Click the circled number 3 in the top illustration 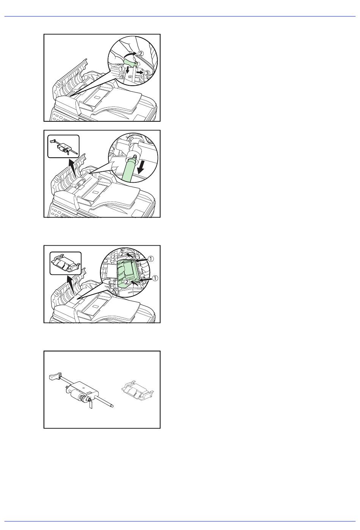pyautogui.click(x=147, y=73)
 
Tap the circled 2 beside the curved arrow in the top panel pyautogui.click(x=140, y=53)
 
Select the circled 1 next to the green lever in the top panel pyautogui.click(x=121, y=69)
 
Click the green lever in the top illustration pyautogui.click(x=130, y=63)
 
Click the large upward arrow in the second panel pyautogui.click(x=72, y=168)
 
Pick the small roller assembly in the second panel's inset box pyautogui.click(x=63, y=146)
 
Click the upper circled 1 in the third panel pyautogui.click(x=151, y=259)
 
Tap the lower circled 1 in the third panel pyautogui.click(x=155, y=278)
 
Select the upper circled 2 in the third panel pyautogui.click(x=122, y=254)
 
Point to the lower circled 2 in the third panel pyautogui.click(x=127, y=282)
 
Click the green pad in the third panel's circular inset pyautogui.click(x=128, y=273)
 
